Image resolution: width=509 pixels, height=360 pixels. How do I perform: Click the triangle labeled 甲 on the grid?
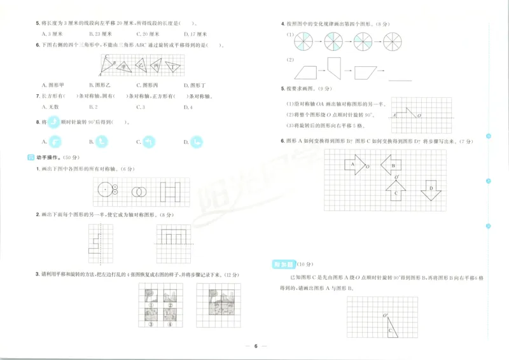(x=125, y=65)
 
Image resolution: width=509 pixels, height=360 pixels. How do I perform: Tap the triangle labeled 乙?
(x=140, y=64)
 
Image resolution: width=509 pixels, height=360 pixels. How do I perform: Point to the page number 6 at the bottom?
(x=254, y=347)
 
